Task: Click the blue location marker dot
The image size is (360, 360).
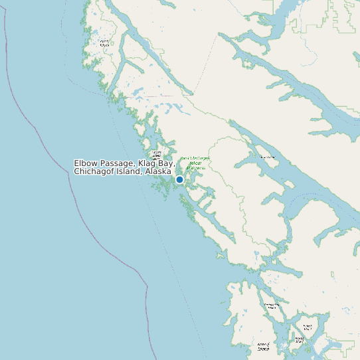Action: tap(179, 179)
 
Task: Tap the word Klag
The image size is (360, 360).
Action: tap(147, 163)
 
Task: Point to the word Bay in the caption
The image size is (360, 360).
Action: tap(166, 163)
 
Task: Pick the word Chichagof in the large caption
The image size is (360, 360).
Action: tap(96, 171)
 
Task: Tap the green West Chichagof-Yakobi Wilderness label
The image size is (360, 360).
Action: tap(195, 163)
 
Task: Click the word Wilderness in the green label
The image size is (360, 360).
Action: tap(196, 167)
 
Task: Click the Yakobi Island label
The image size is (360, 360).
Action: tap(104, 43)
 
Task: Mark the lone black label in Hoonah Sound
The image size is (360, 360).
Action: tap(268, 157)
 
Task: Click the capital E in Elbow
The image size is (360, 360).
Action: tap(76, 163)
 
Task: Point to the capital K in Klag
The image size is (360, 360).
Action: tap(141, 163)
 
